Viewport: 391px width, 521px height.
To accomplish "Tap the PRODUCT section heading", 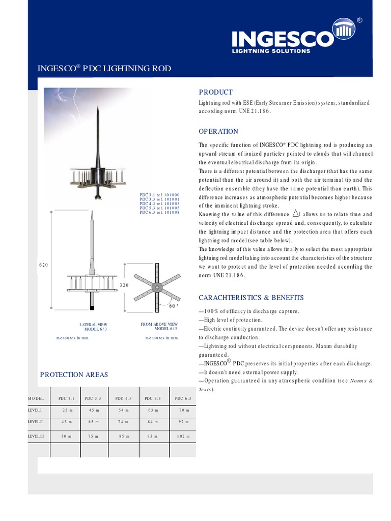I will pos(215,92).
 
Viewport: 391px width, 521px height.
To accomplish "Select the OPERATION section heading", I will pos(218,131).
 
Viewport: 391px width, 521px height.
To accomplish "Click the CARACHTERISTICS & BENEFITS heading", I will pos(251,298).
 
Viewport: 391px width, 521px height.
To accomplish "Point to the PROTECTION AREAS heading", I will pos(74,374).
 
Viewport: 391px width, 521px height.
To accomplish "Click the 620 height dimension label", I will pos(44,266).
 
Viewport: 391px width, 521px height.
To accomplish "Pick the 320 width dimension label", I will pos(124,285).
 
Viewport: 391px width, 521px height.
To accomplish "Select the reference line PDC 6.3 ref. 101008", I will pos(159,212).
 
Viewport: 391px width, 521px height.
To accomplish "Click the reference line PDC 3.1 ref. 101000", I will pos(159,195).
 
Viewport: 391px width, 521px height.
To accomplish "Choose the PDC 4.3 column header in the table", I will pos(123,398).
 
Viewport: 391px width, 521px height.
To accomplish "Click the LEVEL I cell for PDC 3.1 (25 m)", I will pos(67,410).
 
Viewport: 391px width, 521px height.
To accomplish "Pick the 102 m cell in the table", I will pos(182,436).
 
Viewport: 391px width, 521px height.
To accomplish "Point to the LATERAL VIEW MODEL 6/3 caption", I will pos(93,327).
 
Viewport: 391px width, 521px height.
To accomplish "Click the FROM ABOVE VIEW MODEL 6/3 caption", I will pos(159,326).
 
